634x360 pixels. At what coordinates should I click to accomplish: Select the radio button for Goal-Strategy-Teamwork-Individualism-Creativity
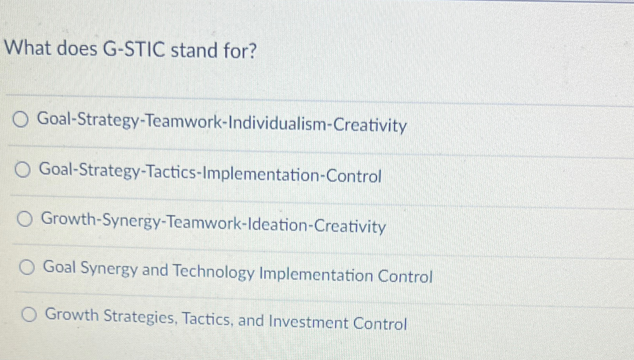(x=20, y=119)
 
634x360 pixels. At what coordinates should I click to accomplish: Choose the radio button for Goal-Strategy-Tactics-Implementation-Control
(x=22, y=170)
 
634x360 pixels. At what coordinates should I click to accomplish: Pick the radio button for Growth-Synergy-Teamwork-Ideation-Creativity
(x=25, y=219)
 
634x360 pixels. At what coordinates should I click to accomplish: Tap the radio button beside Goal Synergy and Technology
(x=27, y=268)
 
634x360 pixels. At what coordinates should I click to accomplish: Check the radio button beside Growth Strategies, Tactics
(x=29, y=314)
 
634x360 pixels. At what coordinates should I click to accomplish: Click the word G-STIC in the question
(x=134, y=49)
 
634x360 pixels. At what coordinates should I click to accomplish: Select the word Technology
(x=214, y=272)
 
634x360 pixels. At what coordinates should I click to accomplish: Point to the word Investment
(x=309, y=322)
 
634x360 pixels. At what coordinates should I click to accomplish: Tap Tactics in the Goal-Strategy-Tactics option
(x=172, y=172)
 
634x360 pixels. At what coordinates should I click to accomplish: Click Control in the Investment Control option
(x=380, y=323)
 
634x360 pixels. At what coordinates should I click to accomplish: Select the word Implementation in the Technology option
(x=316, y=275)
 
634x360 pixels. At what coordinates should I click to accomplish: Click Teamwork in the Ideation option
(x=206, y=223)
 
